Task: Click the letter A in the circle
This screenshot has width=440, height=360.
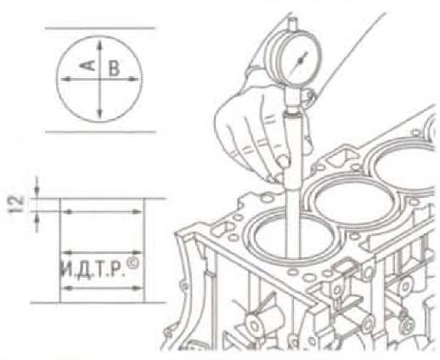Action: coord(87,65)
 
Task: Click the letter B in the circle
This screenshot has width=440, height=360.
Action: coord(114,69)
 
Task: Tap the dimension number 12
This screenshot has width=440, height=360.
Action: coord(17,204)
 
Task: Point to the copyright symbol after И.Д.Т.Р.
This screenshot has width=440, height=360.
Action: coord(133,264)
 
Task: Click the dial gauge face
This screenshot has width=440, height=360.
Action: coord(301,60)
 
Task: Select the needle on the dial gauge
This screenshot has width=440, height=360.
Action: coord(301,60)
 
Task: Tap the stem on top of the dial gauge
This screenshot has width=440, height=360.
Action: coord(293,24)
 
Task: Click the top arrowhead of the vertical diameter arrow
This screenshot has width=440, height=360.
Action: coord(99,44)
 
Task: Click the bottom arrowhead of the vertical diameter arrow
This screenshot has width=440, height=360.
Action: coord(99,114)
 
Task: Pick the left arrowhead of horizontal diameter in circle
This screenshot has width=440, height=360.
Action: coord(65,80)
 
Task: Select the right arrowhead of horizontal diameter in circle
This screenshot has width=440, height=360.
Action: coord(133,79)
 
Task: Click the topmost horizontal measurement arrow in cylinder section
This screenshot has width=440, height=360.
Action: coord(103,211)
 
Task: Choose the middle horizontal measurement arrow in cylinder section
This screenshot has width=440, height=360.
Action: coord(102,252)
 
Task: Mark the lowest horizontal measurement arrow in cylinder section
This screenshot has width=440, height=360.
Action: coord(102,288)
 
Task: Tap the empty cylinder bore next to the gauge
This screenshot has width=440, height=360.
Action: coord(354,202)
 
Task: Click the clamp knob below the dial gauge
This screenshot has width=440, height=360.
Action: coord(310,97)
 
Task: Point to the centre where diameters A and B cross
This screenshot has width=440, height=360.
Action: coord(99,80)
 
